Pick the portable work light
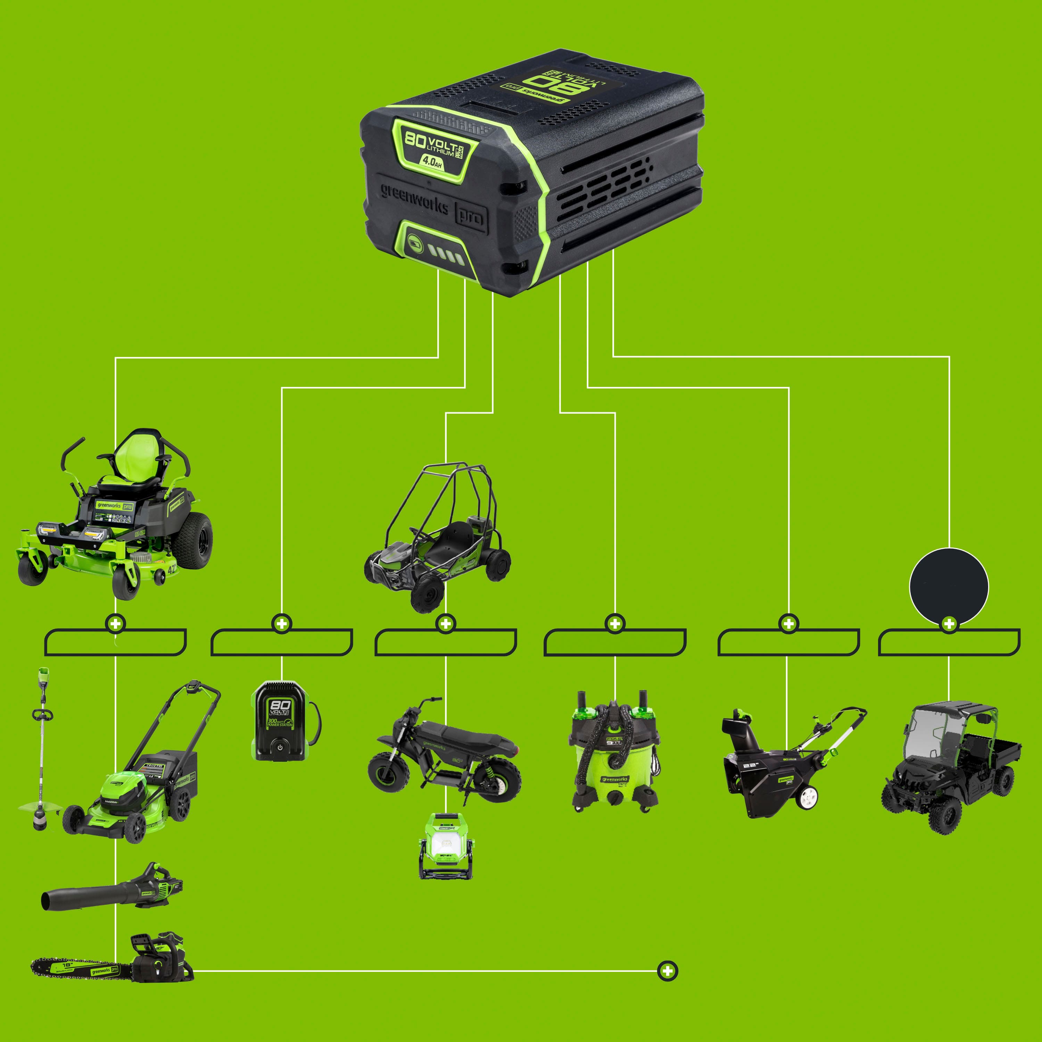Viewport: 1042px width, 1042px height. pyautogui.click(x=445, y=847)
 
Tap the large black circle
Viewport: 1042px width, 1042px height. pyautogui.click(x=949, y=587)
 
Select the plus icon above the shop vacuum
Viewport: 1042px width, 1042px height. pyautogui.click(x=615, y=623)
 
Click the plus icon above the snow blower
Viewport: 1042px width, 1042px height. pyautogui.click(x=788, y=623)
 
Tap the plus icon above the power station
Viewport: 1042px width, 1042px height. pyautogui.click(x=282, y=623)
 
